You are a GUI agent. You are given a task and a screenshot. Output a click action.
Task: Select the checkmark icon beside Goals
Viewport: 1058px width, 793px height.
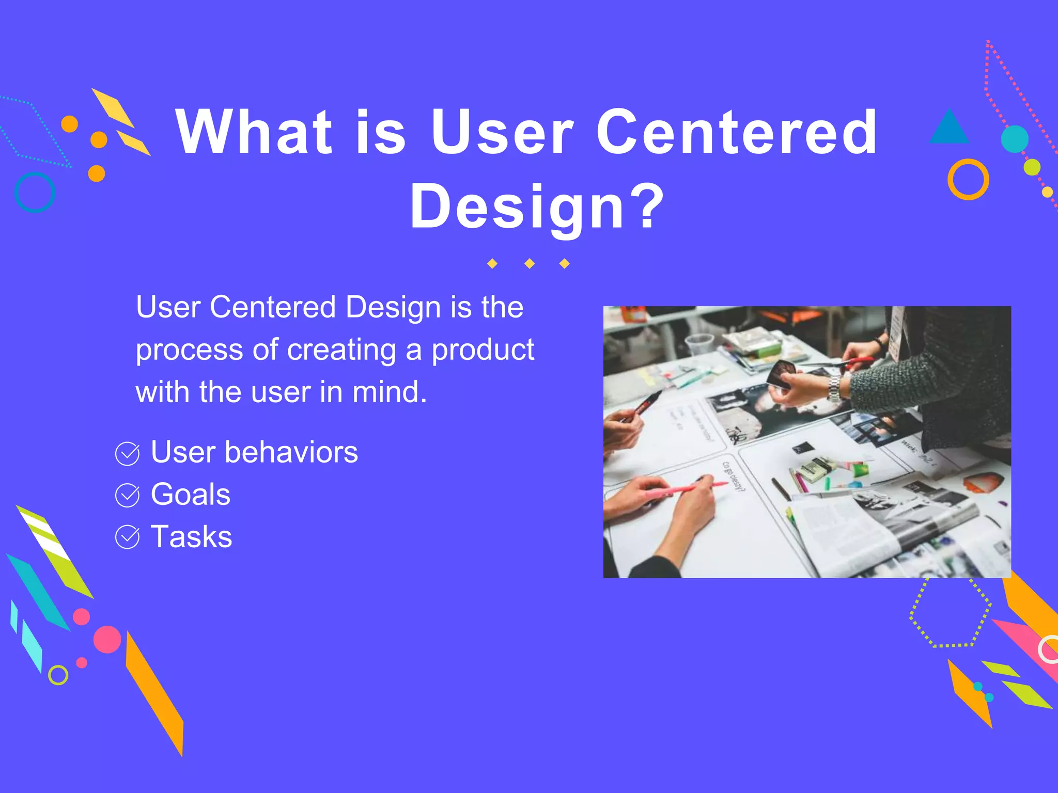pos(127,496)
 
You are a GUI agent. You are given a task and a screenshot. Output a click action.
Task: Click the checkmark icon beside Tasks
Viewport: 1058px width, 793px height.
pos(127,537)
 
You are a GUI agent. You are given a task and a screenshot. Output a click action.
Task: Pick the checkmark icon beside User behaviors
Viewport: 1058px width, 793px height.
pos(127,454)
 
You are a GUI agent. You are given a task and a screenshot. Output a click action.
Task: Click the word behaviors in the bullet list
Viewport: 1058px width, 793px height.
pos(291,452)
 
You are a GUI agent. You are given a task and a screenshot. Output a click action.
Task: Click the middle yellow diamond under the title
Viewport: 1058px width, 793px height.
pos(529,264)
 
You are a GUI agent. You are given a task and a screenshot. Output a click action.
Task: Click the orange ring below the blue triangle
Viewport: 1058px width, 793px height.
pos(968,180)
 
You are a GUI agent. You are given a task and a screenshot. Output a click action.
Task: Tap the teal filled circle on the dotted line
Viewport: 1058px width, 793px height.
pos(1014,139)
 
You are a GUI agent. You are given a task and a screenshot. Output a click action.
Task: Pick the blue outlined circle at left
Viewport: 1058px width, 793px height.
pos(35,192)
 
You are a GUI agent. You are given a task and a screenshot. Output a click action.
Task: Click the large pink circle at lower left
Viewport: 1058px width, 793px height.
pos(107,639)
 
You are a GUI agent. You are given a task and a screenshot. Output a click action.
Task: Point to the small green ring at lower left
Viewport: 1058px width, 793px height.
pos(58,675)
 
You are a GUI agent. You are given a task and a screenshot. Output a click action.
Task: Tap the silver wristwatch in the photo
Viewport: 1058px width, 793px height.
pos(834,388)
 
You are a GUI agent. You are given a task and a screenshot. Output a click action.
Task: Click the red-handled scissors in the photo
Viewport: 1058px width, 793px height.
pos(855,363)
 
